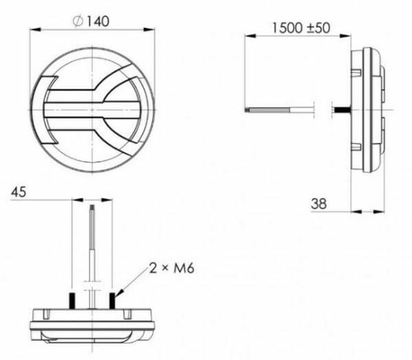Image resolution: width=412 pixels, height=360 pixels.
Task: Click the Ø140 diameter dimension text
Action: (91, 22)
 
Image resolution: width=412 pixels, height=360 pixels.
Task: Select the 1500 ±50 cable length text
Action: (301, 28)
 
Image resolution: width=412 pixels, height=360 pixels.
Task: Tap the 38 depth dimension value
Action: (318, 203)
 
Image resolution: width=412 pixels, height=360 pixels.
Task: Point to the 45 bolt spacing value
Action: (19, 192)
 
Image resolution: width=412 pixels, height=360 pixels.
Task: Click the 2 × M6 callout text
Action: (172, 268)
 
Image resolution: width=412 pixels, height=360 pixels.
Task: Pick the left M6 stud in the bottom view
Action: (72, 300)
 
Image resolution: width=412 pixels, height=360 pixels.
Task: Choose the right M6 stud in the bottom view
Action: (112, 300)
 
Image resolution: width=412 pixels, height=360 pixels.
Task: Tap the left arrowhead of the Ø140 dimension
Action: (35, 30)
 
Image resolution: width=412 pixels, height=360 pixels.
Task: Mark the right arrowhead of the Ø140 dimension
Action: (149, 30)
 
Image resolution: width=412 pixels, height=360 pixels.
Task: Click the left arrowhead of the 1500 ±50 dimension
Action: (250, 36)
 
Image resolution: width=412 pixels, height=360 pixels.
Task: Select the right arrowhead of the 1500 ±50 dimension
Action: (345, 36)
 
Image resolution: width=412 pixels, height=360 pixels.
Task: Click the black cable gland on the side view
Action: (342, 110)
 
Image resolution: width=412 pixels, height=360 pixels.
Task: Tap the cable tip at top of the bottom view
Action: (92, 208)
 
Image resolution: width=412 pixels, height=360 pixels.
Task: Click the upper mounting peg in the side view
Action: (356, 73)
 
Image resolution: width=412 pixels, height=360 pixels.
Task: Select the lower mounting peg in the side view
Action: (356, 147)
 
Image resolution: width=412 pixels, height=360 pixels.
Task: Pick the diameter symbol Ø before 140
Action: (78, 22)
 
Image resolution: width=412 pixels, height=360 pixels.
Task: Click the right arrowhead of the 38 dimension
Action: (379, 211)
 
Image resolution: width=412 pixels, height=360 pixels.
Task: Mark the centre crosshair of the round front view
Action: (92, 110)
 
